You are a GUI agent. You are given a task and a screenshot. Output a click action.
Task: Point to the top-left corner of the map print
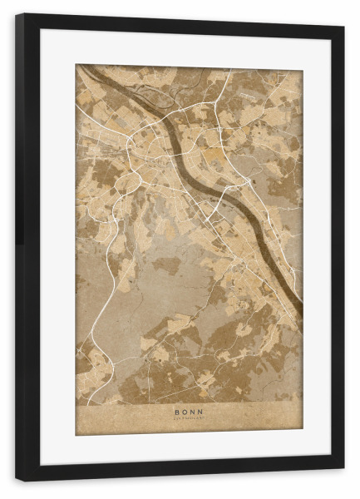click(76, 65)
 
